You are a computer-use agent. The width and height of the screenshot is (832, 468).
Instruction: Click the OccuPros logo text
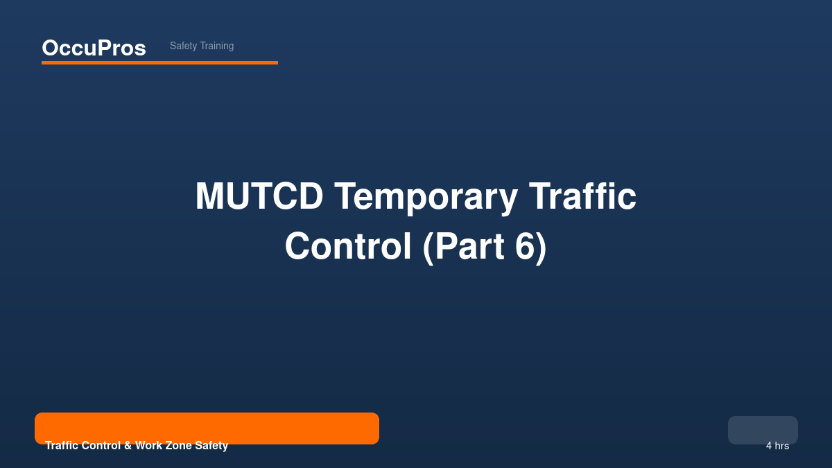click(x=94, y=48)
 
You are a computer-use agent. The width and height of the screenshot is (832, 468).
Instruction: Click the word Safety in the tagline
click(x=184, y=46)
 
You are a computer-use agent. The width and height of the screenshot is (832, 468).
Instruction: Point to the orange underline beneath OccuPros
click(x=159, y=63)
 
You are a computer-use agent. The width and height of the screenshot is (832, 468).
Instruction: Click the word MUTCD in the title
click(x=259, y=196)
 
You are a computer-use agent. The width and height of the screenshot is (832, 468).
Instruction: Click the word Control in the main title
click(x=348, y=246)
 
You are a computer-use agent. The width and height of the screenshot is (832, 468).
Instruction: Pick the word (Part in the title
click(x=464, y=248)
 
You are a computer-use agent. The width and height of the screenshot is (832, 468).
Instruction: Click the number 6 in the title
click(x=525, y=246)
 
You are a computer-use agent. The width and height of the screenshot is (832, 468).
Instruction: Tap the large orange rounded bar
click(x=207, y=428)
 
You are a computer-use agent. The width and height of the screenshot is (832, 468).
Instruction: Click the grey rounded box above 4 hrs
click(x=763, y=430)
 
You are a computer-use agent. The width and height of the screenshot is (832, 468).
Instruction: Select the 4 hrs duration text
click(x=777, y=446)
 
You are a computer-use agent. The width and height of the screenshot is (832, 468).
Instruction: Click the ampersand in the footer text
click(x=128, y=445)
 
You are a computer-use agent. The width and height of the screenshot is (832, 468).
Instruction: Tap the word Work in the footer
click(x=148, y=445)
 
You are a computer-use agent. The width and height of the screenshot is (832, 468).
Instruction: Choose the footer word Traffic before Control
click(x=62, y=445)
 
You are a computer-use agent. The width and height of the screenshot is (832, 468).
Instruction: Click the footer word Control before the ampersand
click(x=101, y=445)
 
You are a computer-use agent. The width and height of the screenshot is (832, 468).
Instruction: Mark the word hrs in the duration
click(x=782, y=446)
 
